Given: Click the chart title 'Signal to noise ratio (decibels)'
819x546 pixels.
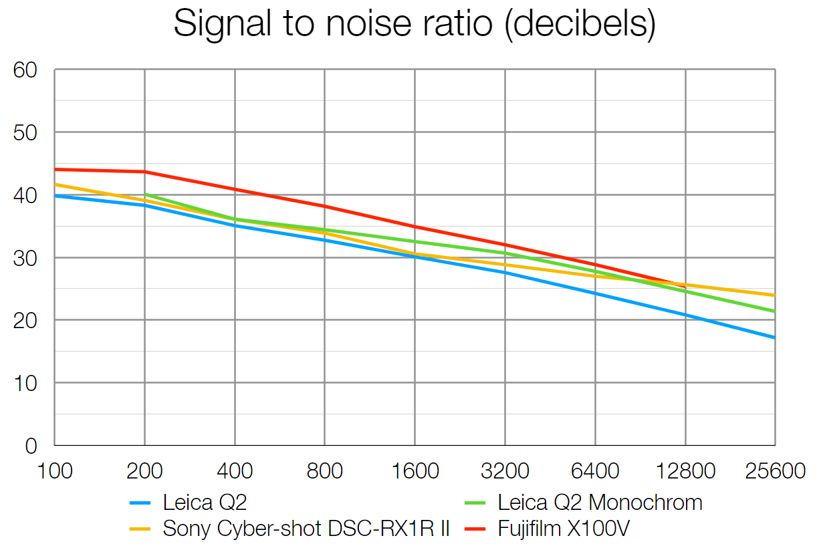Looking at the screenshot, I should [x=414, y=25].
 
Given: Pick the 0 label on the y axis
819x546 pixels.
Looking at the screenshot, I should [x=31, y=446].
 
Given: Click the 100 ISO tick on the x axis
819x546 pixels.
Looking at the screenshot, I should [x=54, y=471].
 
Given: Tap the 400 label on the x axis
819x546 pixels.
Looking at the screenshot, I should [x=234, y=471].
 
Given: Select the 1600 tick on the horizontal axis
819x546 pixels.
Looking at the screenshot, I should [x=415, y=471].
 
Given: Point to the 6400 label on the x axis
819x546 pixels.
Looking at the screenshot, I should [x=594, y=471].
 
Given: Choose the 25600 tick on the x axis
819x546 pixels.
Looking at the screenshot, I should [x=774, y=471].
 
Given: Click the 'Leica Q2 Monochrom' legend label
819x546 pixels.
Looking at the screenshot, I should [x=600, y=502].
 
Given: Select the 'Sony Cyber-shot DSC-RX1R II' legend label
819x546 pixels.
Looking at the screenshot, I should [x=306, y=529].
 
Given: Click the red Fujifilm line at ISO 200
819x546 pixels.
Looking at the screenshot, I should [x=144, y=172].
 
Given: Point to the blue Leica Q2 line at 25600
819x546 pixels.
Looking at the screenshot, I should [x=774, y=337].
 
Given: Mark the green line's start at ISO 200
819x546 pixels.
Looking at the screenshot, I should [x=145, y=194].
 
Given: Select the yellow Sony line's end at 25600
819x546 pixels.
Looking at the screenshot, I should [x=774, y=295].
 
